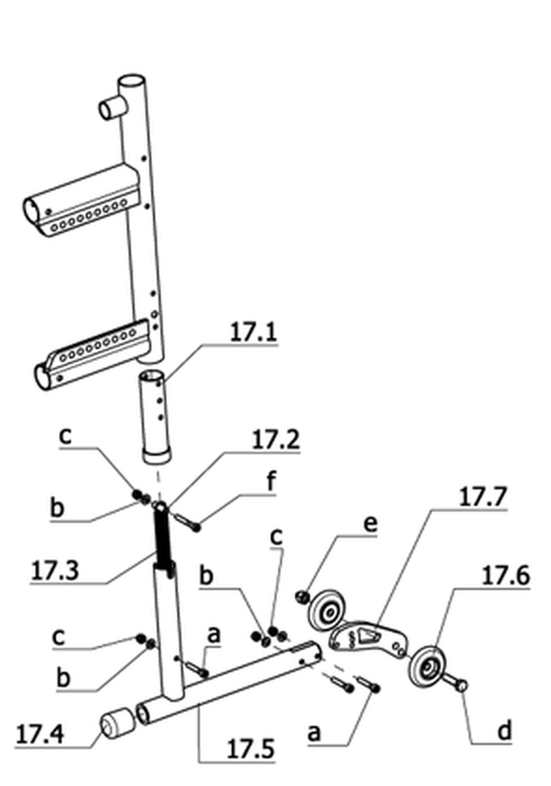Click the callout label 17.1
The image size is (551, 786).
coord(253,332)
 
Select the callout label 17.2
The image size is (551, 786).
coord(275,440)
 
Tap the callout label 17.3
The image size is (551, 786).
coord(55,570)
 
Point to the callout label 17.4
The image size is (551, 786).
coord(39,735)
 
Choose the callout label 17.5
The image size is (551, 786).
coord(250,750)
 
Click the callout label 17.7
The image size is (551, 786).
coord(483,497)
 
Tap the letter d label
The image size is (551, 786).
coord(505,730)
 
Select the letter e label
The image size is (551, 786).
coord(370,525)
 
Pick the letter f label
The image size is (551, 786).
coord(271,482)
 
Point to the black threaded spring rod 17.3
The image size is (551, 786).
coord(162,537)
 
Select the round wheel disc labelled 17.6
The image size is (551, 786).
coord(427,667)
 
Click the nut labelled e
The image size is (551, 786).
coord(303,597)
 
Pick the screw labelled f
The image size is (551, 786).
coord(186,521)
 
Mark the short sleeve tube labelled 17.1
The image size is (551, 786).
coord(155,416)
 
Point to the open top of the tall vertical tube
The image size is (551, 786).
coord(132,80)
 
